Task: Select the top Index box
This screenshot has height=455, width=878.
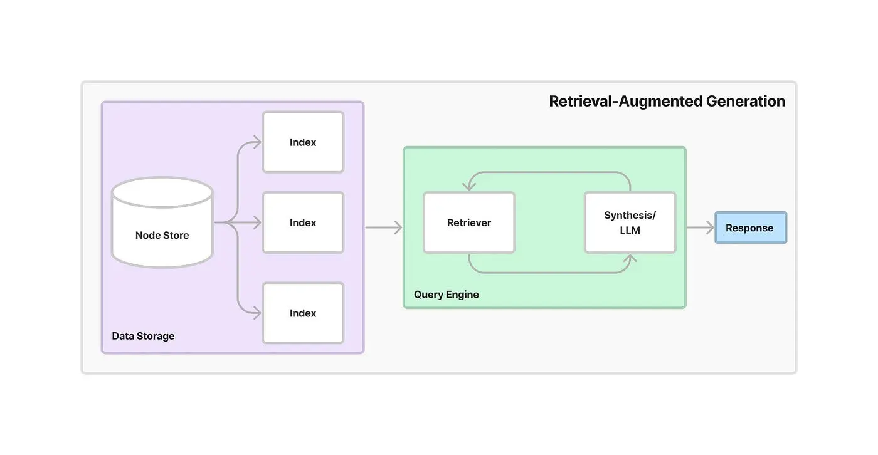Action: [303, 142]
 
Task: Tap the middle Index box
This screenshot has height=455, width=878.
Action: [303, 222]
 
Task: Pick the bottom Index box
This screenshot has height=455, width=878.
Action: [303, 313]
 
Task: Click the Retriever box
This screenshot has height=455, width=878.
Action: [469, 222]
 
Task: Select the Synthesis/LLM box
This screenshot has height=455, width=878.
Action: [630, 222]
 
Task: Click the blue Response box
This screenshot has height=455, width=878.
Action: [750, 227]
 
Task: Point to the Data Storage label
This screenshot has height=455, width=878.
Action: [143, 336]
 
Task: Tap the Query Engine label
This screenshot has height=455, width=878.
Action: [446, 295]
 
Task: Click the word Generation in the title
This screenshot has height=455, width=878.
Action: [746, 102]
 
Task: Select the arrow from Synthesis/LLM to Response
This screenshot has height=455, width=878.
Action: [701, 227]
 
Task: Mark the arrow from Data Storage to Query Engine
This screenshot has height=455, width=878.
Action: [383, 227]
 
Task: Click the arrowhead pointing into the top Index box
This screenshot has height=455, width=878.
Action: [256, 142]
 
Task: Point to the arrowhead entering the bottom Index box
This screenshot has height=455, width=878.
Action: [256, 313]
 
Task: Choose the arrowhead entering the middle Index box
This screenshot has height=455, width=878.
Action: [256, 222]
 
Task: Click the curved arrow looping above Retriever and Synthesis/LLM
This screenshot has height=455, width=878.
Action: [549, 172]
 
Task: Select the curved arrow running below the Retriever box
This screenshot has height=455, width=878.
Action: [549, 273]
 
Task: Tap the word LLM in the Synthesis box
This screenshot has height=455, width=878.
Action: [630, 230]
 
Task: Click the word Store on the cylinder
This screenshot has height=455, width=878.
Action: [176, 236]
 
